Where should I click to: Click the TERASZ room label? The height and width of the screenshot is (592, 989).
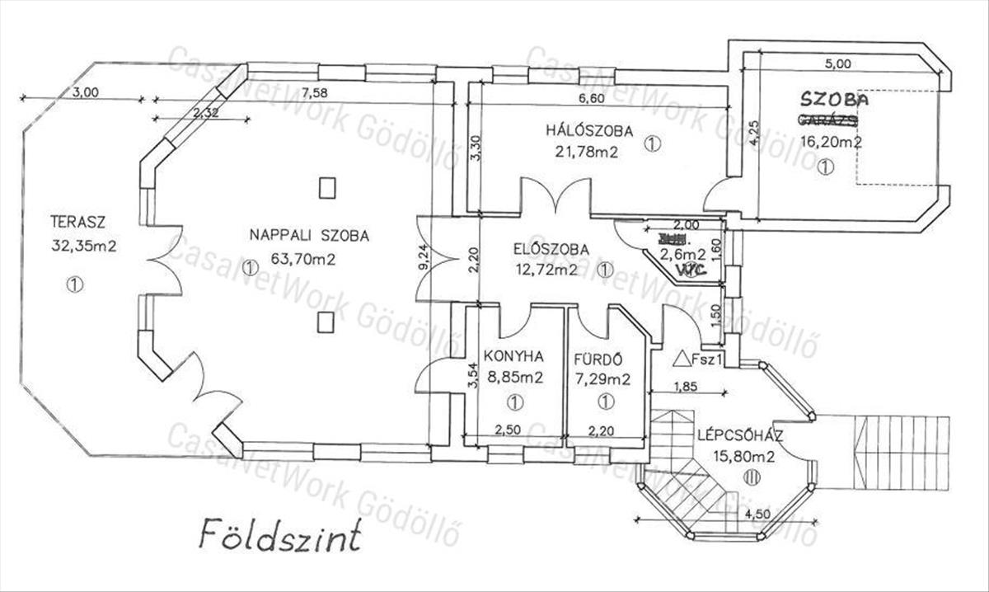point(79,221)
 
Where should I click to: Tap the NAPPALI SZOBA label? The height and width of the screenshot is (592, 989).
point(309,236)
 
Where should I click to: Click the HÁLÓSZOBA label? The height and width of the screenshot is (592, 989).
point(588,131)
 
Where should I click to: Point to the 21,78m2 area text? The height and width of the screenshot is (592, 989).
point(587,151)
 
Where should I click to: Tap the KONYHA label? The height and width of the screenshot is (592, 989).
point(513,357)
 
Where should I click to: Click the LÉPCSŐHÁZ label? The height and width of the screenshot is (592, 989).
point(738,435)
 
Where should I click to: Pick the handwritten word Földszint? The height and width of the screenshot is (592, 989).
point(279,537)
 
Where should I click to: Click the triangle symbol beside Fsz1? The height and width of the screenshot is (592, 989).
point(681,359)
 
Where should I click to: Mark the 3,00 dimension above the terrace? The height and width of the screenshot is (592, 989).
point(85,92)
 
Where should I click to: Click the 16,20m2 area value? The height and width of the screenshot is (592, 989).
point(832,141)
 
